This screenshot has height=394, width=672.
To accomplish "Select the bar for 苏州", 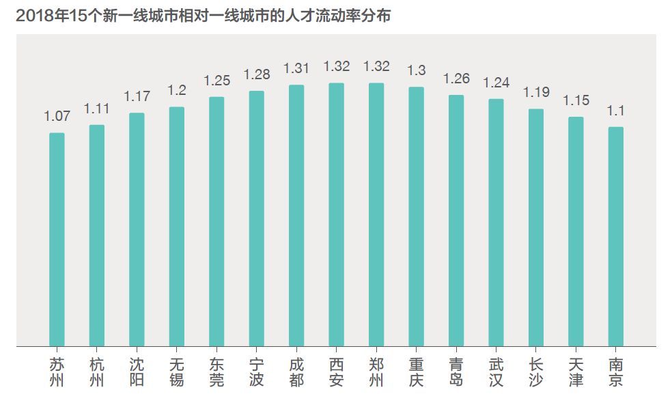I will (x=57, y=239).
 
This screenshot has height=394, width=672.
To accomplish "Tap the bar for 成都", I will (x=296, y=215).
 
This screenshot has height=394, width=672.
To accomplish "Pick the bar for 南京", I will (x=616, y=236).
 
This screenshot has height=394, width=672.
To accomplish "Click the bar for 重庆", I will (x=416, y=216).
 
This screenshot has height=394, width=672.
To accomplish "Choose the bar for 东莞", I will (x=216, y=221).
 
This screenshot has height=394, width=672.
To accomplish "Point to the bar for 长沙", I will (x=536, y=227).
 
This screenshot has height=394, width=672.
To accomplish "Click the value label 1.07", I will (x=57, y=117).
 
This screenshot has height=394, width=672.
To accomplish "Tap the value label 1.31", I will (x=296, y=68).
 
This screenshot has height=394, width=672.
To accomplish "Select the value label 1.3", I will (x=416, y=70).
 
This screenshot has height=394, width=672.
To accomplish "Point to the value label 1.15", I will (x=576, y=100).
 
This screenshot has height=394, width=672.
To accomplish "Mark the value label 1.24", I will (x=496, y=83).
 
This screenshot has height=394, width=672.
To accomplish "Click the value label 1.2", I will (x=176, y=91).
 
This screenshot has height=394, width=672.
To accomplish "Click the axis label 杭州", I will (x=97, y=371).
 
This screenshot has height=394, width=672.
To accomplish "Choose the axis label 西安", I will (x=336, y=371).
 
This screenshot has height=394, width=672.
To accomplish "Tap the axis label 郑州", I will (x=376, y=371).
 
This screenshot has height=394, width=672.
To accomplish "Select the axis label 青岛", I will (x=456, y=371).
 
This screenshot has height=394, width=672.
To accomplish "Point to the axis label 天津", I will (x=576, y=371).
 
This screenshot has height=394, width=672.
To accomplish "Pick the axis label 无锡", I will (x=176, y=371).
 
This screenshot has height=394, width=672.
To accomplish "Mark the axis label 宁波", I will (x=256, y=371).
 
